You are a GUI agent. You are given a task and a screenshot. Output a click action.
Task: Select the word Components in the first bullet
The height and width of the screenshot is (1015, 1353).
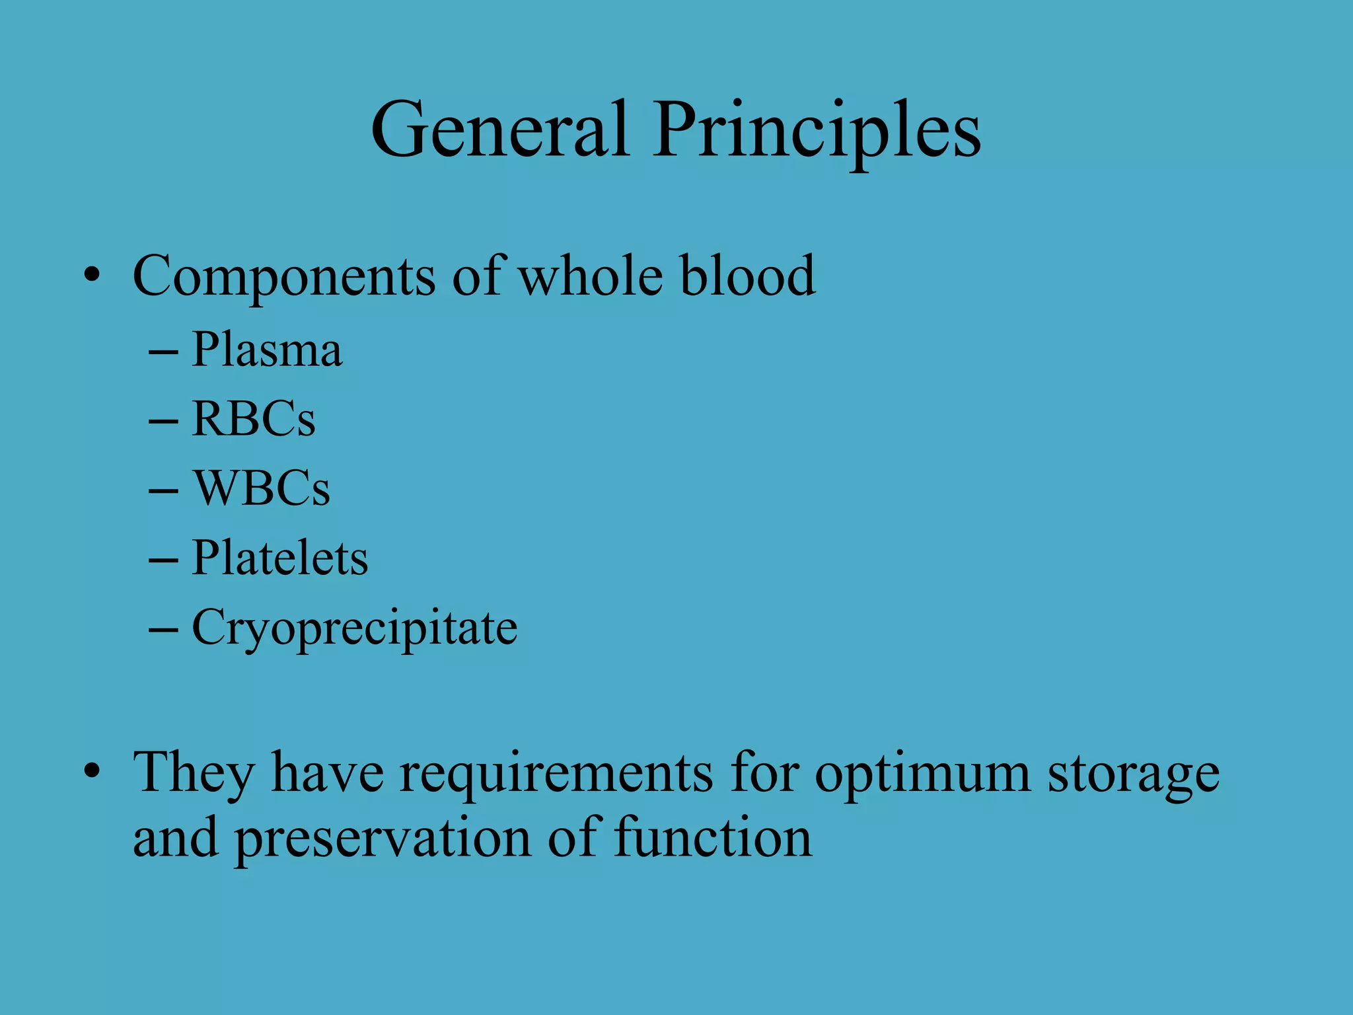pyautogui.click(x=284, y=276)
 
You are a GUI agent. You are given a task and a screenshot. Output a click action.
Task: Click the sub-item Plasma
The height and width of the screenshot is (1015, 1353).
pyautogui.click(x=267, y=350)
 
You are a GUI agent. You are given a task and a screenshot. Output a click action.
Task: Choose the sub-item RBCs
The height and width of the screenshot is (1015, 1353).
pyautogui.click(x=254, y=419)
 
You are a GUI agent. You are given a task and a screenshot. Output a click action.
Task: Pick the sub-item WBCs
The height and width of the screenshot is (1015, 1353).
pyautogui.click(x=261, y=488)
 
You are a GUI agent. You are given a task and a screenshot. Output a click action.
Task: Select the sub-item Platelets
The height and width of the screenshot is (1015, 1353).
pyautogui.click(x=279, y=558)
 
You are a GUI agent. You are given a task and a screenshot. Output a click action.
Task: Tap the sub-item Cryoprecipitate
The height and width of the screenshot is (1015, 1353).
pyautogui.click(x=354, y=628)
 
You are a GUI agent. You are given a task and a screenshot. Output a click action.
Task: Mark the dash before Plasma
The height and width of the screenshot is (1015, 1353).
pyautogui.click(x=163, y=352)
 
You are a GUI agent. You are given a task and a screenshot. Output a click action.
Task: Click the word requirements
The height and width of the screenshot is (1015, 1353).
pyautogui.click(x=556, y=773)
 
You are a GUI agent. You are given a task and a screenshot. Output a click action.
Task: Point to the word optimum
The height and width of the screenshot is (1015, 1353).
pyautogui.click(x=922, y=773)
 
